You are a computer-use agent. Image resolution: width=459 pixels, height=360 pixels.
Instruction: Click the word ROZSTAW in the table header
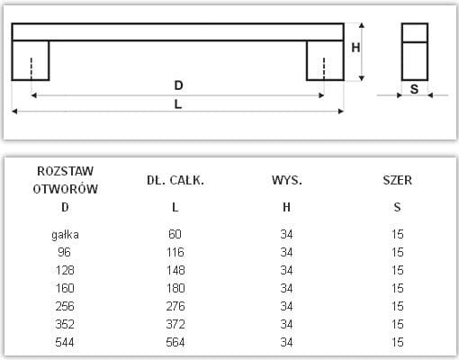[65, 171]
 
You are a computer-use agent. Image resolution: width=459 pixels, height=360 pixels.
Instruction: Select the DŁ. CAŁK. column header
[175, 180]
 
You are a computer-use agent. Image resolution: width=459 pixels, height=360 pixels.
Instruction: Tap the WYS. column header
[287, 180]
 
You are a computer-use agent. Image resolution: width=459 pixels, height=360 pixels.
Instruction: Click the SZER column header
[397, 180]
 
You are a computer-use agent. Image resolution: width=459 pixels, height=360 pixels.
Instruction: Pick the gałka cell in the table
[65, 234]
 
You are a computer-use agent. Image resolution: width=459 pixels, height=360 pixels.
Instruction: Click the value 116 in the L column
[175, 252]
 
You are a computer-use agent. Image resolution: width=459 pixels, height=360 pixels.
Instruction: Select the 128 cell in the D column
[65, 270]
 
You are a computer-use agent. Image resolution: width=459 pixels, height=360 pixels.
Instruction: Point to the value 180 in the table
[175, 288]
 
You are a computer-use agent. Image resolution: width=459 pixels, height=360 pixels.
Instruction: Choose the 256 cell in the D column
[65, 306]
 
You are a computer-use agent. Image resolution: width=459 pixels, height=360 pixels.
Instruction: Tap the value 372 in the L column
[175, 324]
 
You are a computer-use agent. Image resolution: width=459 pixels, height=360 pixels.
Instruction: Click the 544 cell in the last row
[65, 342]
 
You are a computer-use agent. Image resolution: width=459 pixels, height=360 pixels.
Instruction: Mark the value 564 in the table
[175, 342]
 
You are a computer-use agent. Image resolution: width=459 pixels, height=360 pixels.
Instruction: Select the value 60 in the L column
[175, 234]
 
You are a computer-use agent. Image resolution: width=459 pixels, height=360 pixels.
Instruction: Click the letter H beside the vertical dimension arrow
[355, 48]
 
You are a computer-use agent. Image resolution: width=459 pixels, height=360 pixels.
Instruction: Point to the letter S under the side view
[414, 89]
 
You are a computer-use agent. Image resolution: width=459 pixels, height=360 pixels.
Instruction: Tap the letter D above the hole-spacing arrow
[178, 85]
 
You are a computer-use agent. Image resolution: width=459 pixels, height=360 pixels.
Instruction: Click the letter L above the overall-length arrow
[178, 104]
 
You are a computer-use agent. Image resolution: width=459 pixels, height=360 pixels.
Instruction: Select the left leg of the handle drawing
[31, 60]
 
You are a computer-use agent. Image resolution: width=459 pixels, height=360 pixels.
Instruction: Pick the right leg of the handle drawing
[325, 60]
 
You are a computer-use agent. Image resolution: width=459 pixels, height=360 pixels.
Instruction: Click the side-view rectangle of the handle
[402, 51]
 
